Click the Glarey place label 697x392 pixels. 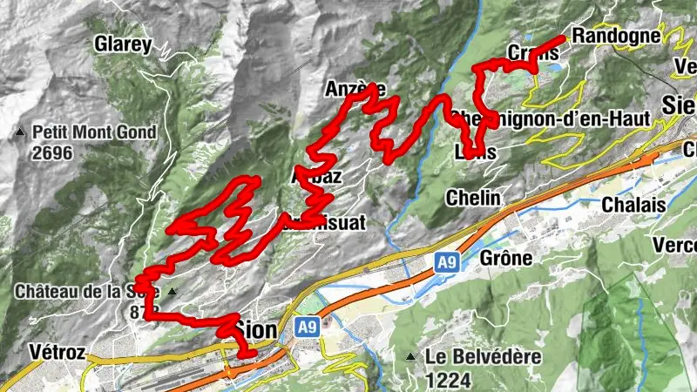click(123, 44)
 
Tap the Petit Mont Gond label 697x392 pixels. click(95, 132)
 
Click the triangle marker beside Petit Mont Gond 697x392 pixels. click(20, 133)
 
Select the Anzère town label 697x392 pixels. click(355, 89)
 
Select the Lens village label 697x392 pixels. click(476, 152)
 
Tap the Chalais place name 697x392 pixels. click(633, 204)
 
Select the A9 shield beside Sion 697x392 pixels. click(306, 328)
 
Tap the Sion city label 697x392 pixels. click(257, 329)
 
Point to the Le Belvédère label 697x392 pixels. click(484, 356)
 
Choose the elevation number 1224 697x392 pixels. click(449, 379)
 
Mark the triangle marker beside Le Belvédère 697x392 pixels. click(410, 356)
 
